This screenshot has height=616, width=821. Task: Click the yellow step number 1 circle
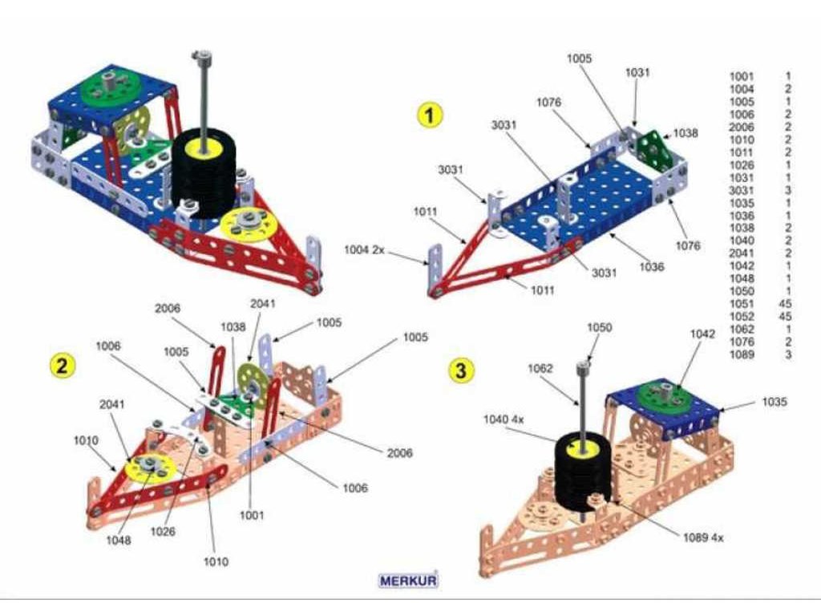coord(430,115)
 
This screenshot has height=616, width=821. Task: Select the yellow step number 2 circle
coord(62,366)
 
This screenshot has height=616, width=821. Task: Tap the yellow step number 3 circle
coord(459,370)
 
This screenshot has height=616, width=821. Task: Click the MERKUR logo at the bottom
coord(408,579)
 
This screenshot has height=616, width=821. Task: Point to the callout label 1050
coord(599,327)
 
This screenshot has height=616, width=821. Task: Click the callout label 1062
coord(540,369)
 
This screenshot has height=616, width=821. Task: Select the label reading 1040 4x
coord(504,419)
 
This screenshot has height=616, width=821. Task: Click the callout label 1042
coord(703,334)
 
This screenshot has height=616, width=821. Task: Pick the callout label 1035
coord(774,402)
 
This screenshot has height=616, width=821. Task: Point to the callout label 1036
coord(652,266)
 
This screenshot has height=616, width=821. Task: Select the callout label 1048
coord(119,540)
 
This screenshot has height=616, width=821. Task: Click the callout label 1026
coord(163,531)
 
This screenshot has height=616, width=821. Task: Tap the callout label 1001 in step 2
coord(252,516)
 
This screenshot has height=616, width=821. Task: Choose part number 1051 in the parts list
coord(742,305)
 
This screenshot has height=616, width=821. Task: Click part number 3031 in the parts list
coord(742,190)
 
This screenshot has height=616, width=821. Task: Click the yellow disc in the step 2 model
coord(150,465)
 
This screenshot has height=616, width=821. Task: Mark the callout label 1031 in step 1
coord(637,72)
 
